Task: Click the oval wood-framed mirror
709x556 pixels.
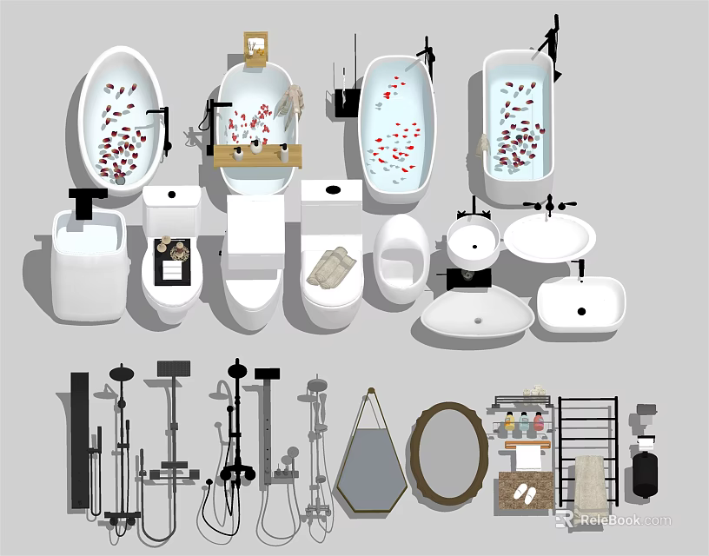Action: pyautogui.click(x=448, y=450)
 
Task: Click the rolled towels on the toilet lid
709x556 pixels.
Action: pyautogui.click(x=328, y=268)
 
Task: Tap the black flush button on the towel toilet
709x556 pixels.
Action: pyautogui.click(x=331, y=189)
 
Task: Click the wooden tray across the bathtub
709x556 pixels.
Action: pyautogui.click(x=257, y=156)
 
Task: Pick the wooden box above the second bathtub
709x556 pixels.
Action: pyautogui.click(x=255, y=49)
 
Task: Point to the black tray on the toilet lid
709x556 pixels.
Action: pyautogui.click(x=172, y=261)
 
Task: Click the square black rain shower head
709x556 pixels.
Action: pyautogui.click(x=174, y=368)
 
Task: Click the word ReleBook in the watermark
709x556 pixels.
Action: pyautogui.click(x=609, y=520)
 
